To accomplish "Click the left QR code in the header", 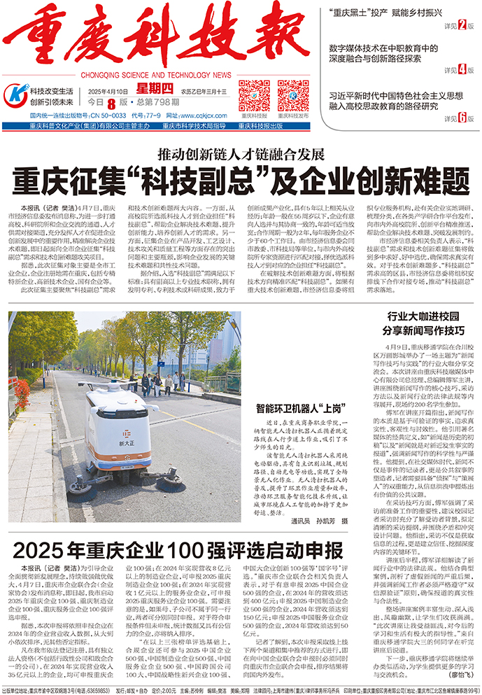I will pyautogui.click(x=255, y=95).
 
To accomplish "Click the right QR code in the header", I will pyautogui.click(x=292, y=95).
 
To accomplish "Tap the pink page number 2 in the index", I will pyautogui.click(x=462, y=26).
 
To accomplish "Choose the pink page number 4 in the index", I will pyautogui.click(x=462, y=69).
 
